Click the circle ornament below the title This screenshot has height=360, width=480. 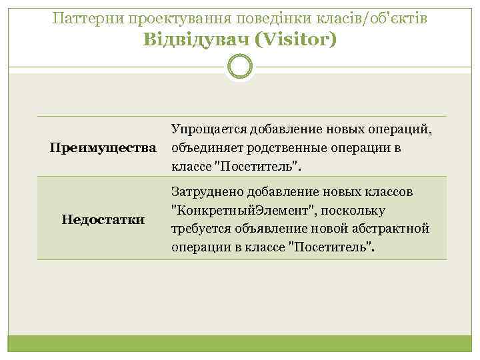(x=240, y=67)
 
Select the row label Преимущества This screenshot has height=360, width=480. (x=103, y=147)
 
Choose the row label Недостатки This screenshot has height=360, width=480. (x=103, y=218)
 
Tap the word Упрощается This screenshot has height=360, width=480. (x=209, y=129)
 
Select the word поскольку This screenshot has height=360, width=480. (x=352, y=211)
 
